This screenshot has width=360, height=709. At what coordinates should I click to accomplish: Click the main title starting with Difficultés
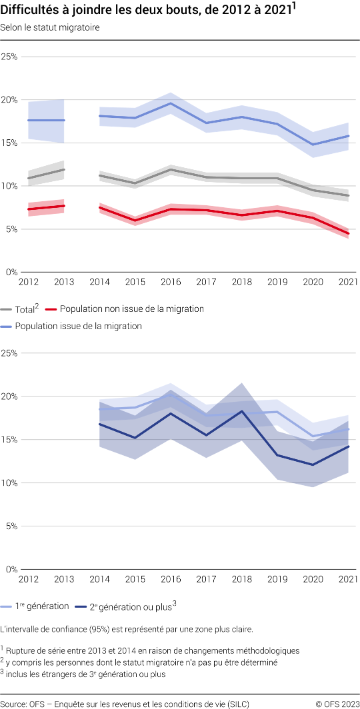click(148, 11)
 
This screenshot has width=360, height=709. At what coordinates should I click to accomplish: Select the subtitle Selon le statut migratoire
click(50, 28)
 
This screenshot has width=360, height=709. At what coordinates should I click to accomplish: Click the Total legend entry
click(25, 309)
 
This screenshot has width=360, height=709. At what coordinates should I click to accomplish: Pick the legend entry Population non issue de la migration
click(131, 309)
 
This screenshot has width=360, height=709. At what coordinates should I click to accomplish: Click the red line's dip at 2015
click(135, 221)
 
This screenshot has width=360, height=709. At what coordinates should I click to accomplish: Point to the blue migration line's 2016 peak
click(171, 103)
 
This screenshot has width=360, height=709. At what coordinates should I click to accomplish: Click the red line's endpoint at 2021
click(347, 233)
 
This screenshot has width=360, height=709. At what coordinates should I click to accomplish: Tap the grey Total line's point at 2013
click(64, 169)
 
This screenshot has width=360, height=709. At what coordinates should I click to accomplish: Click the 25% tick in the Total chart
click(9, 57)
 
